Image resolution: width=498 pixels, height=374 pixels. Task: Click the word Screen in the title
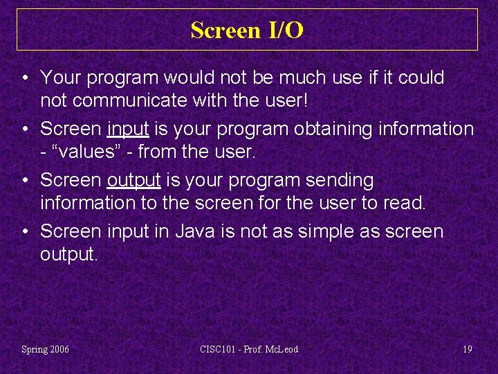tap(223, 30)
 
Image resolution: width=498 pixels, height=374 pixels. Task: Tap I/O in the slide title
tap(284, 30)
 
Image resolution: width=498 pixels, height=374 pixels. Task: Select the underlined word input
tap(125, 129)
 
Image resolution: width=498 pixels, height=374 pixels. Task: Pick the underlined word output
tap(133, 180)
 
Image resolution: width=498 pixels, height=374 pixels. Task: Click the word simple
tap(330, 231)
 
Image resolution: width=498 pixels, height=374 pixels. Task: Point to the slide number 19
tap(468, 349)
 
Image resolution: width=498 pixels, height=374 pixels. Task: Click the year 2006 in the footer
tap(59, 349)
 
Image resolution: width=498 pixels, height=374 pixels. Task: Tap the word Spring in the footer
tap(34, 349)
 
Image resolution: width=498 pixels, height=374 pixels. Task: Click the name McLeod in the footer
tap(282, 349)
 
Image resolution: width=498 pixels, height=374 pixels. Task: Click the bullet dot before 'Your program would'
tap(25, 78)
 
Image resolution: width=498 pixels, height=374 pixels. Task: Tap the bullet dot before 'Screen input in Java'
tap(25, 231)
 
